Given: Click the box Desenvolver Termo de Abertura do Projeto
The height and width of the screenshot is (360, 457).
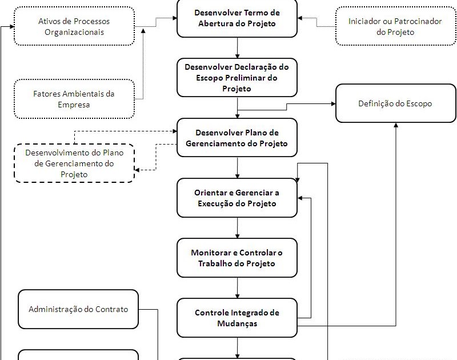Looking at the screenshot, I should tap(236, 18).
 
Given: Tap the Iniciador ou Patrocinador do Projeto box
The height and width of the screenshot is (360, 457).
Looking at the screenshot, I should tap(395, 26).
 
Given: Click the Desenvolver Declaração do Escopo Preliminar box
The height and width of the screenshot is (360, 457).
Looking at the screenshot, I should tap(236, 78).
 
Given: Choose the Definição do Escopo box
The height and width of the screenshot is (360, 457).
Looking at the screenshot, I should tap(395, 103).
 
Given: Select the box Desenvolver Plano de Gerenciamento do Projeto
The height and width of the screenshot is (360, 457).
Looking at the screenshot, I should tap(236, 138).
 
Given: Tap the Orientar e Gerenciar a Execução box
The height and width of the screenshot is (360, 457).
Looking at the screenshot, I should tap(236, 198).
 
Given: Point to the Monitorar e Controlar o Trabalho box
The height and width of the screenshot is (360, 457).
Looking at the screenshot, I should tap(236, 258).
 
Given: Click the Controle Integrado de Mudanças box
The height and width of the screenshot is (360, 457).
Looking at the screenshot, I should tap(236, 318).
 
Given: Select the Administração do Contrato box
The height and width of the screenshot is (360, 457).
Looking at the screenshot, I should tap(78, 309).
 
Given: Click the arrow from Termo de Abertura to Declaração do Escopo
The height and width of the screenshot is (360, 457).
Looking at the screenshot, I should tap(237, 47).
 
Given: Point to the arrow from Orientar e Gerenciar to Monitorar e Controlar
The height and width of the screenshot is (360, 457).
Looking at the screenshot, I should tap(237, 227).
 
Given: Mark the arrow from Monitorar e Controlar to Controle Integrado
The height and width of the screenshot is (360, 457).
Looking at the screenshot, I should tap(237, 287).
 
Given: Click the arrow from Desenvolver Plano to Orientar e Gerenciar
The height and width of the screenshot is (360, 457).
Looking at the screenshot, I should tap(237, 167).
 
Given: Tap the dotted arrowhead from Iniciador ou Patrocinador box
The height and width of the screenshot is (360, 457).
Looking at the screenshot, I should tap(300, 18).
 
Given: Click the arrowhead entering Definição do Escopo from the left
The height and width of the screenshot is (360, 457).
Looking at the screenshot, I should tap(332, 103).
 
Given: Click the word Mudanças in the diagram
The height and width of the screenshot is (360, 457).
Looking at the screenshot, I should tap(236, 323).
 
